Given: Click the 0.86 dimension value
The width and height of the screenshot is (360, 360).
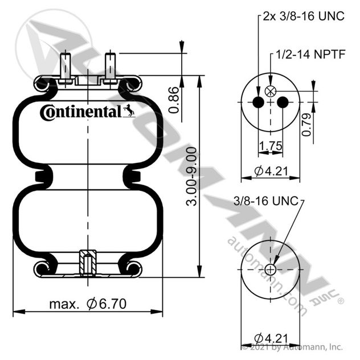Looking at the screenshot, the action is (174, 100).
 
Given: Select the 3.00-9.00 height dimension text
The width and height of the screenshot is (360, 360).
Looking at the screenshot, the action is (191, 177).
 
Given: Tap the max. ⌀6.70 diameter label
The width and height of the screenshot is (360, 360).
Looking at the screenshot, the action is (88, 304).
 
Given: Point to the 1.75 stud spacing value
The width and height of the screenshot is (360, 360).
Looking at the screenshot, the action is (271, 146).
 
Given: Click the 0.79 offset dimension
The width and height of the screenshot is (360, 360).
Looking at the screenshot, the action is (306, 125).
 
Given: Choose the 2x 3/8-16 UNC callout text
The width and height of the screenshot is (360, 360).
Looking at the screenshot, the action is (304, 17).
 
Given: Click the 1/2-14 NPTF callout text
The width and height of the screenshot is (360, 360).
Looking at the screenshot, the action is (310, 55).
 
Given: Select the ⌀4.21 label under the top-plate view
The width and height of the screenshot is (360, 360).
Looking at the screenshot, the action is (271, 171).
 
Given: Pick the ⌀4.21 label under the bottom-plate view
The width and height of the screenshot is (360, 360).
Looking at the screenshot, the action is (271, 338).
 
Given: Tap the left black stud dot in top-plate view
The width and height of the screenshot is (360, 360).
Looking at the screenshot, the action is (258, 102).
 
